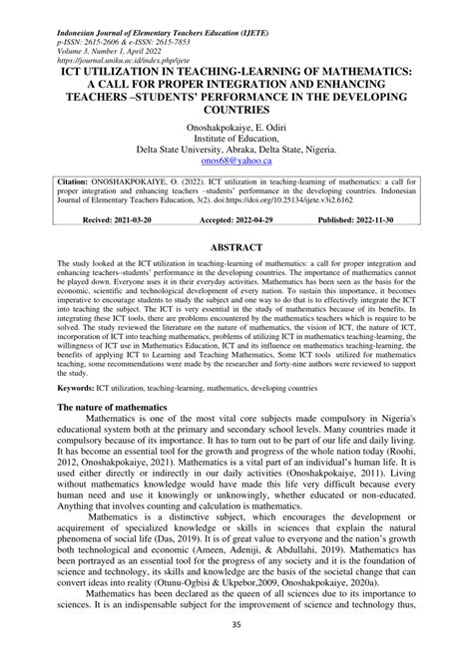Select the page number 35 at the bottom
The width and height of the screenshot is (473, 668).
pyautogui.click(x=236, y=653)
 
